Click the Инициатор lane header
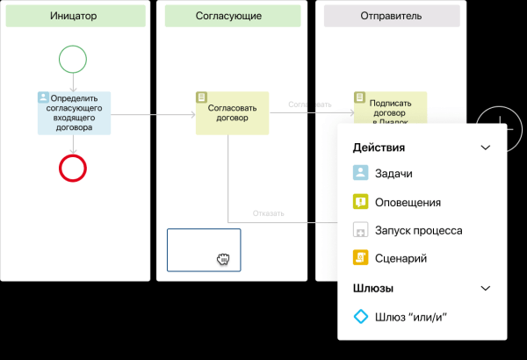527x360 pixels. (75, 16)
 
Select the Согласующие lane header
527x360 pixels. (232, 16)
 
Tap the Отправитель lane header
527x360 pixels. (391, 16)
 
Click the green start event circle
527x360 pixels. (74, 59)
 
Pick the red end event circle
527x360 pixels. (74, 167)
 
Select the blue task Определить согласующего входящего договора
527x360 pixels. (74, 112)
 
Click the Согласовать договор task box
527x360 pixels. (232, 112)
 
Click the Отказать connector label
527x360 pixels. (269, 213)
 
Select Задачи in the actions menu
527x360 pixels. (393, 174)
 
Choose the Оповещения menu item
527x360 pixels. (407, 202)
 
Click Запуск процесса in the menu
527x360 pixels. (417, 230)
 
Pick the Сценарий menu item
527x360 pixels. (400, 258)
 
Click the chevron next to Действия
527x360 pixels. (486, 148)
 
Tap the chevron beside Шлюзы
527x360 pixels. (486, 288)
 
